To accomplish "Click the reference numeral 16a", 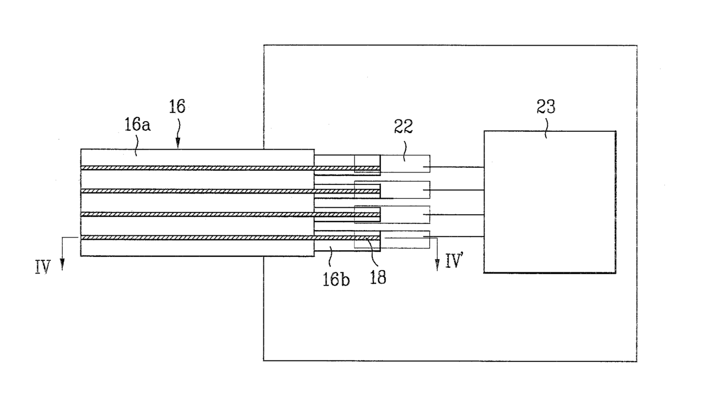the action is point(137,124).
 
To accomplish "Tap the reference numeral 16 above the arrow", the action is point(177,107).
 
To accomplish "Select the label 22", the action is point(403,126).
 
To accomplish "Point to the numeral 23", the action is point(546,107).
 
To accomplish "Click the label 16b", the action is point(336,279).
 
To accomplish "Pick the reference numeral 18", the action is point(378,278).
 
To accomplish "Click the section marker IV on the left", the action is point(43,267).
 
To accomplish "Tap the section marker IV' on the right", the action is point(454,261).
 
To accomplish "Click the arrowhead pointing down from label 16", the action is point(178,143).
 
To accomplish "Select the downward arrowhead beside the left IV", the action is point(62,264).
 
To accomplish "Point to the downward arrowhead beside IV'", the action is point(437,265).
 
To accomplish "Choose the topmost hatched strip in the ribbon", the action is point(230,168).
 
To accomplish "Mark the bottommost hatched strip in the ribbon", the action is point(230,238).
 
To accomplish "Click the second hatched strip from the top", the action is point(230,191).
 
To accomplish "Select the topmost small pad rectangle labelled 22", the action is point(392,164).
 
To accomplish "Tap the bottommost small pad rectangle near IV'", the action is point(392,239).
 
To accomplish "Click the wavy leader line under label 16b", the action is point(331,257).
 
